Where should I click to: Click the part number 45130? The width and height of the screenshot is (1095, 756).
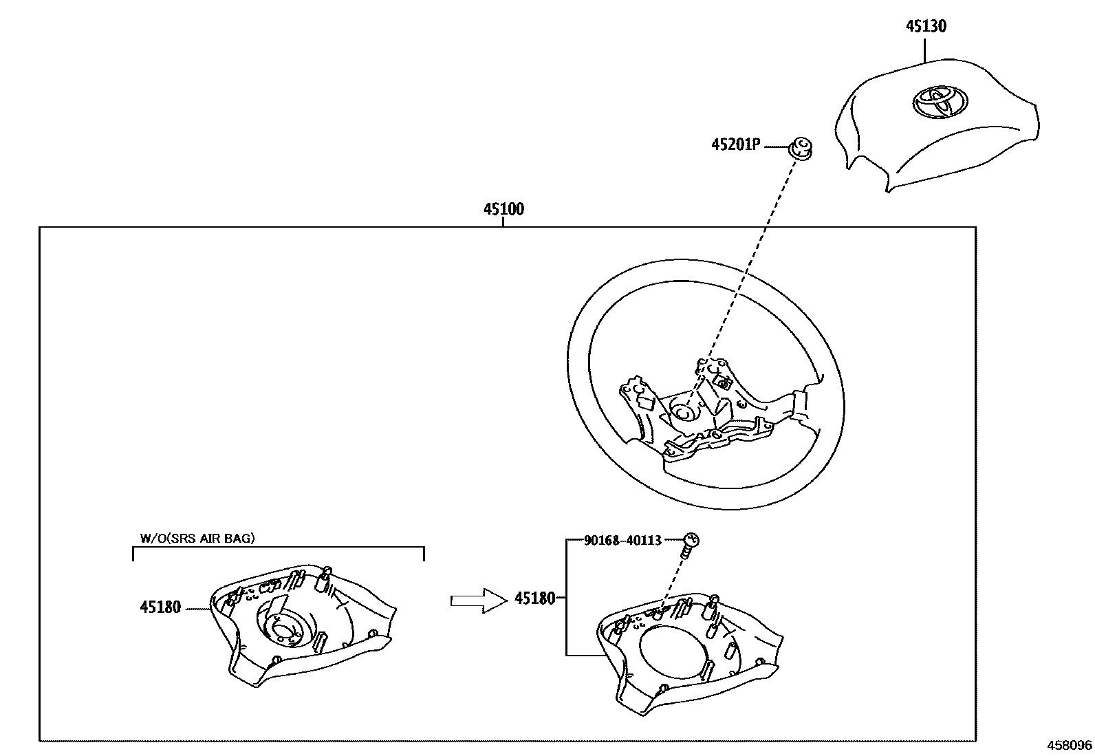pyautogui.click(x=925, y=26)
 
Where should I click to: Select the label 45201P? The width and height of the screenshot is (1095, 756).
pyautogui.click(x=735, y=145)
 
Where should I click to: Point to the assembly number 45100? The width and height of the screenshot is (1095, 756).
pyautogui.click(x=503, y=208)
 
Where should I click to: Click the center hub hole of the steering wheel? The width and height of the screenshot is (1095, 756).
pyautogui.click(x=683, y=412)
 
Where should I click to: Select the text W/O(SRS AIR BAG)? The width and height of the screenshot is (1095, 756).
pyautogui.click(x=197, y=538)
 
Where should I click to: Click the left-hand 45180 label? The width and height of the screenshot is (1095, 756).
pyautogui.click(x=160, y=607)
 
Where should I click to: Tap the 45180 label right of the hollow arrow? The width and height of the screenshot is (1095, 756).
pyautogui.click(x=534, y=598)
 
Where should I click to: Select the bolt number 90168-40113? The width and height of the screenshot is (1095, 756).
pyautogui.click(x=622, y=541)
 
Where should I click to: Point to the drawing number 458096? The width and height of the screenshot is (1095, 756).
pyautogui.click(x=1070, y=746)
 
